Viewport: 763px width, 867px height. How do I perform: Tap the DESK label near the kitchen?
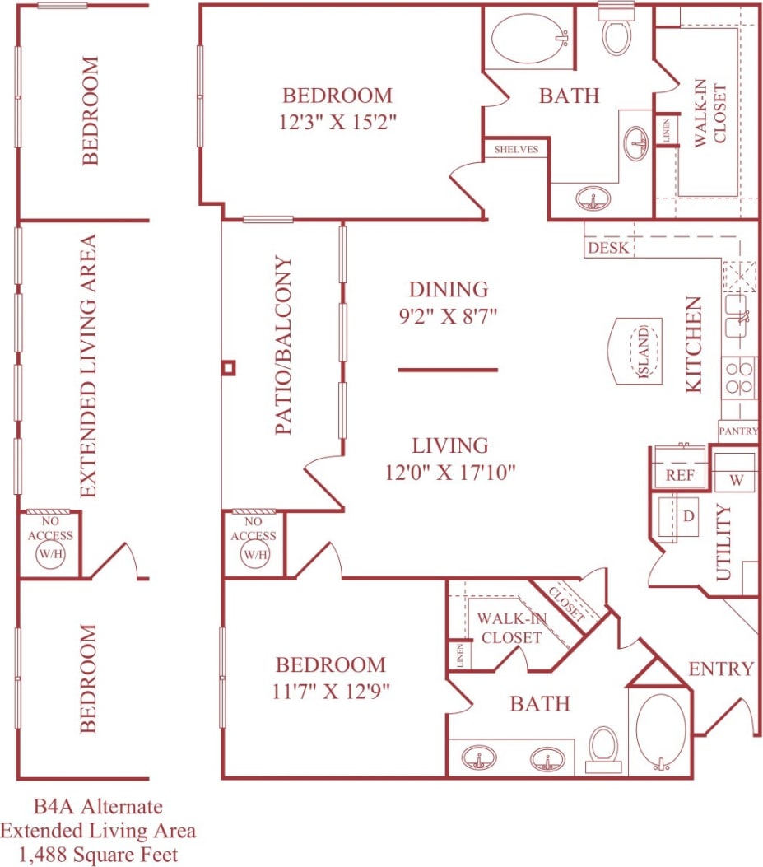(608, 248)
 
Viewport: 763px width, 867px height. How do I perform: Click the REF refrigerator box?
(680, 475)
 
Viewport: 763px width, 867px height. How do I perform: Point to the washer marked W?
(735, 478)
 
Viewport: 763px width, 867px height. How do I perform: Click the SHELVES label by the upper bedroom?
(516, 149)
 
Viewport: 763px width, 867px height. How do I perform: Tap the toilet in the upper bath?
(616, 33)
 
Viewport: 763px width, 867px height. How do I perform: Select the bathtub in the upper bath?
(528, 38)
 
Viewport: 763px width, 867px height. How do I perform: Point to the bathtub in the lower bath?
(661, 731)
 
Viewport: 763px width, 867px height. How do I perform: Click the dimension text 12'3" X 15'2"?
(337, 123)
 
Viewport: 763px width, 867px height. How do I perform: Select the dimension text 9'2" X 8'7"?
(449, 315)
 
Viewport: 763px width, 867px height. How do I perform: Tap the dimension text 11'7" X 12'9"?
(330, 691)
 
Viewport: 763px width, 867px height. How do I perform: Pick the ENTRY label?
(721, 669)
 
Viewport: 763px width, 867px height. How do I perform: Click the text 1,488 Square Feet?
(98, 854)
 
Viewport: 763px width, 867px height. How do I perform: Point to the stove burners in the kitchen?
(739, 378)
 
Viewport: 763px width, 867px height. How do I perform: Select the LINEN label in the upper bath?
(667, 131)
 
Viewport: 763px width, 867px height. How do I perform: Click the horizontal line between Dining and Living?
(448, 370)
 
